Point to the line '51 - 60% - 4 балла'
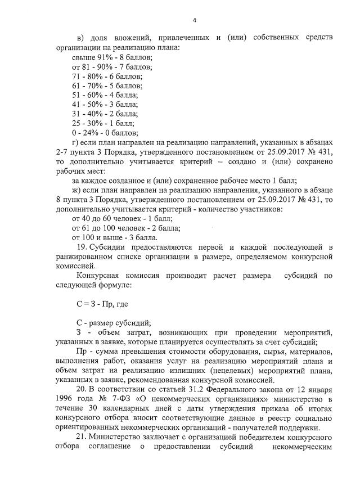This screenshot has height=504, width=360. [106, 95]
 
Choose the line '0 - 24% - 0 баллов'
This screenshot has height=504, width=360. [105, 133]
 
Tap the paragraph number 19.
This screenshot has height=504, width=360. [79, 247]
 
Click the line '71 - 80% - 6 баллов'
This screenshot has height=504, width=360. [107, 76]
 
